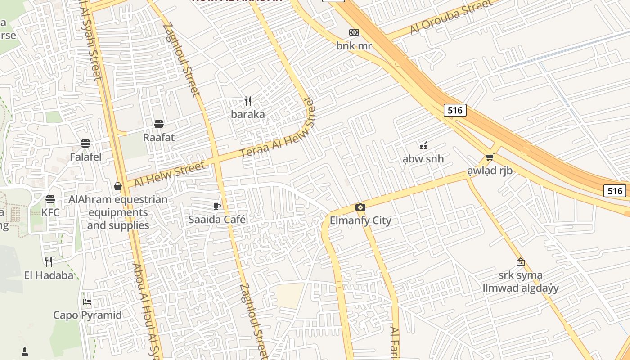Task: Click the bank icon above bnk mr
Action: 354,32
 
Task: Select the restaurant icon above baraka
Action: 248,101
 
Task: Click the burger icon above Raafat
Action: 158,124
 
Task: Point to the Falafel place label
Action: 85,157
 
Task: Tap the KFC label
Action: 50,212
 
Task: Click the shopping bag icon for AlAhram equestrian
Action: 118,186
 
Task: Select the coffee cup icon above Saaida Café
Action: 217,206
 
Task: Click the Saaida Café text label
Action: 217,220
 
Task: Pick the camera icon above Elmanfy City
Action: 360,207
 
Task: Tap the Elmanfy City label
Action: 360,220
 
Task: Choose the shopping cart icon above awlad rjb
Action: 490,157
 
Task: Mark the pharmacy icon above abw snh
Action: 423,145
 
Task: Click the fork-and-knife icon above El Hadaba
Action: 49,261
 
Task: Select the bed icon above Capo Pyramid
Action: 87,301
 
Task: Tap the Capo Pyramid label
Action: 87,315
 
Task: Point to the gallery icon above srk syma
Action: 520,261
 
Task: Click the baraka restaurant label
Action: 248,114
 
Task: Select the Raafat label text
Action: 158,137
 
